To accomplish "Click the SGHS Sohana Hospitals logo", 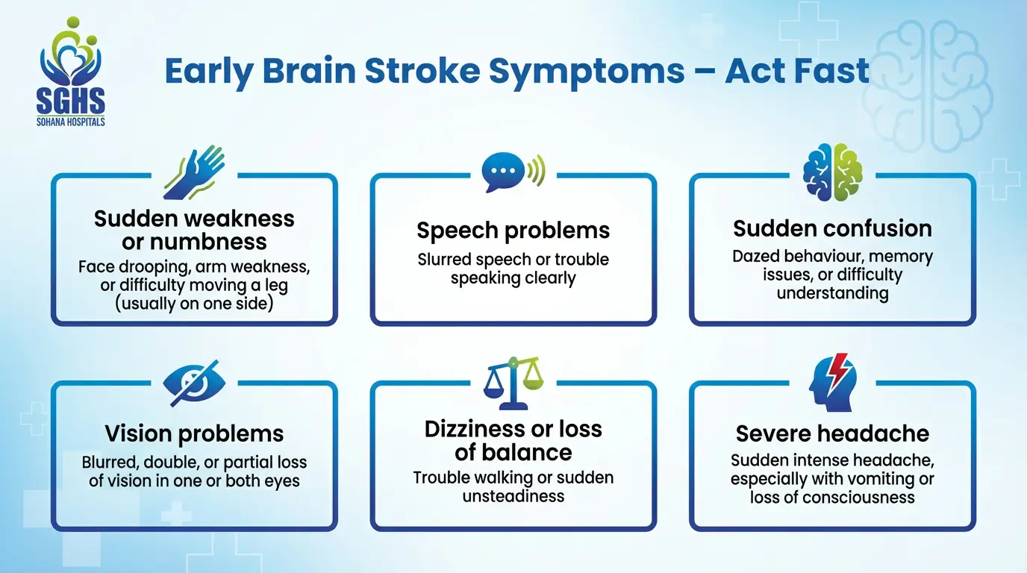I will point(71,72).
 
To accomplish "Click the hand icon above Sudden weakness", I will point(194,172).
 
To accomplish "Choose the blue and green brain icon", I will point(832,172).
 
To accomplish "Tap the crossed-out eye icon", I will point(195,381).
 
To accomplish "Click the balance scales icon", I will point(513,382).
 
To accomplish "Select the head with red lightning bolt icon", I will point(832,381).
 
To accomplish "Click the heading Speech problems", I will point(513,231).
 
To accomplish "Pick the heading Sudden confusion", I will point(832,228).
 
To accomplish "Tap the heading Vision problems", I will point(194,433).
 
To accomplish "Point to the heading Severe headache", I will point(832,433).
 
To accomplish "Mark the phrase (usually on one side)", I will point(194,304).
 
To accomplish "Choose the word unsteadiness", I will point(513,495).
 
